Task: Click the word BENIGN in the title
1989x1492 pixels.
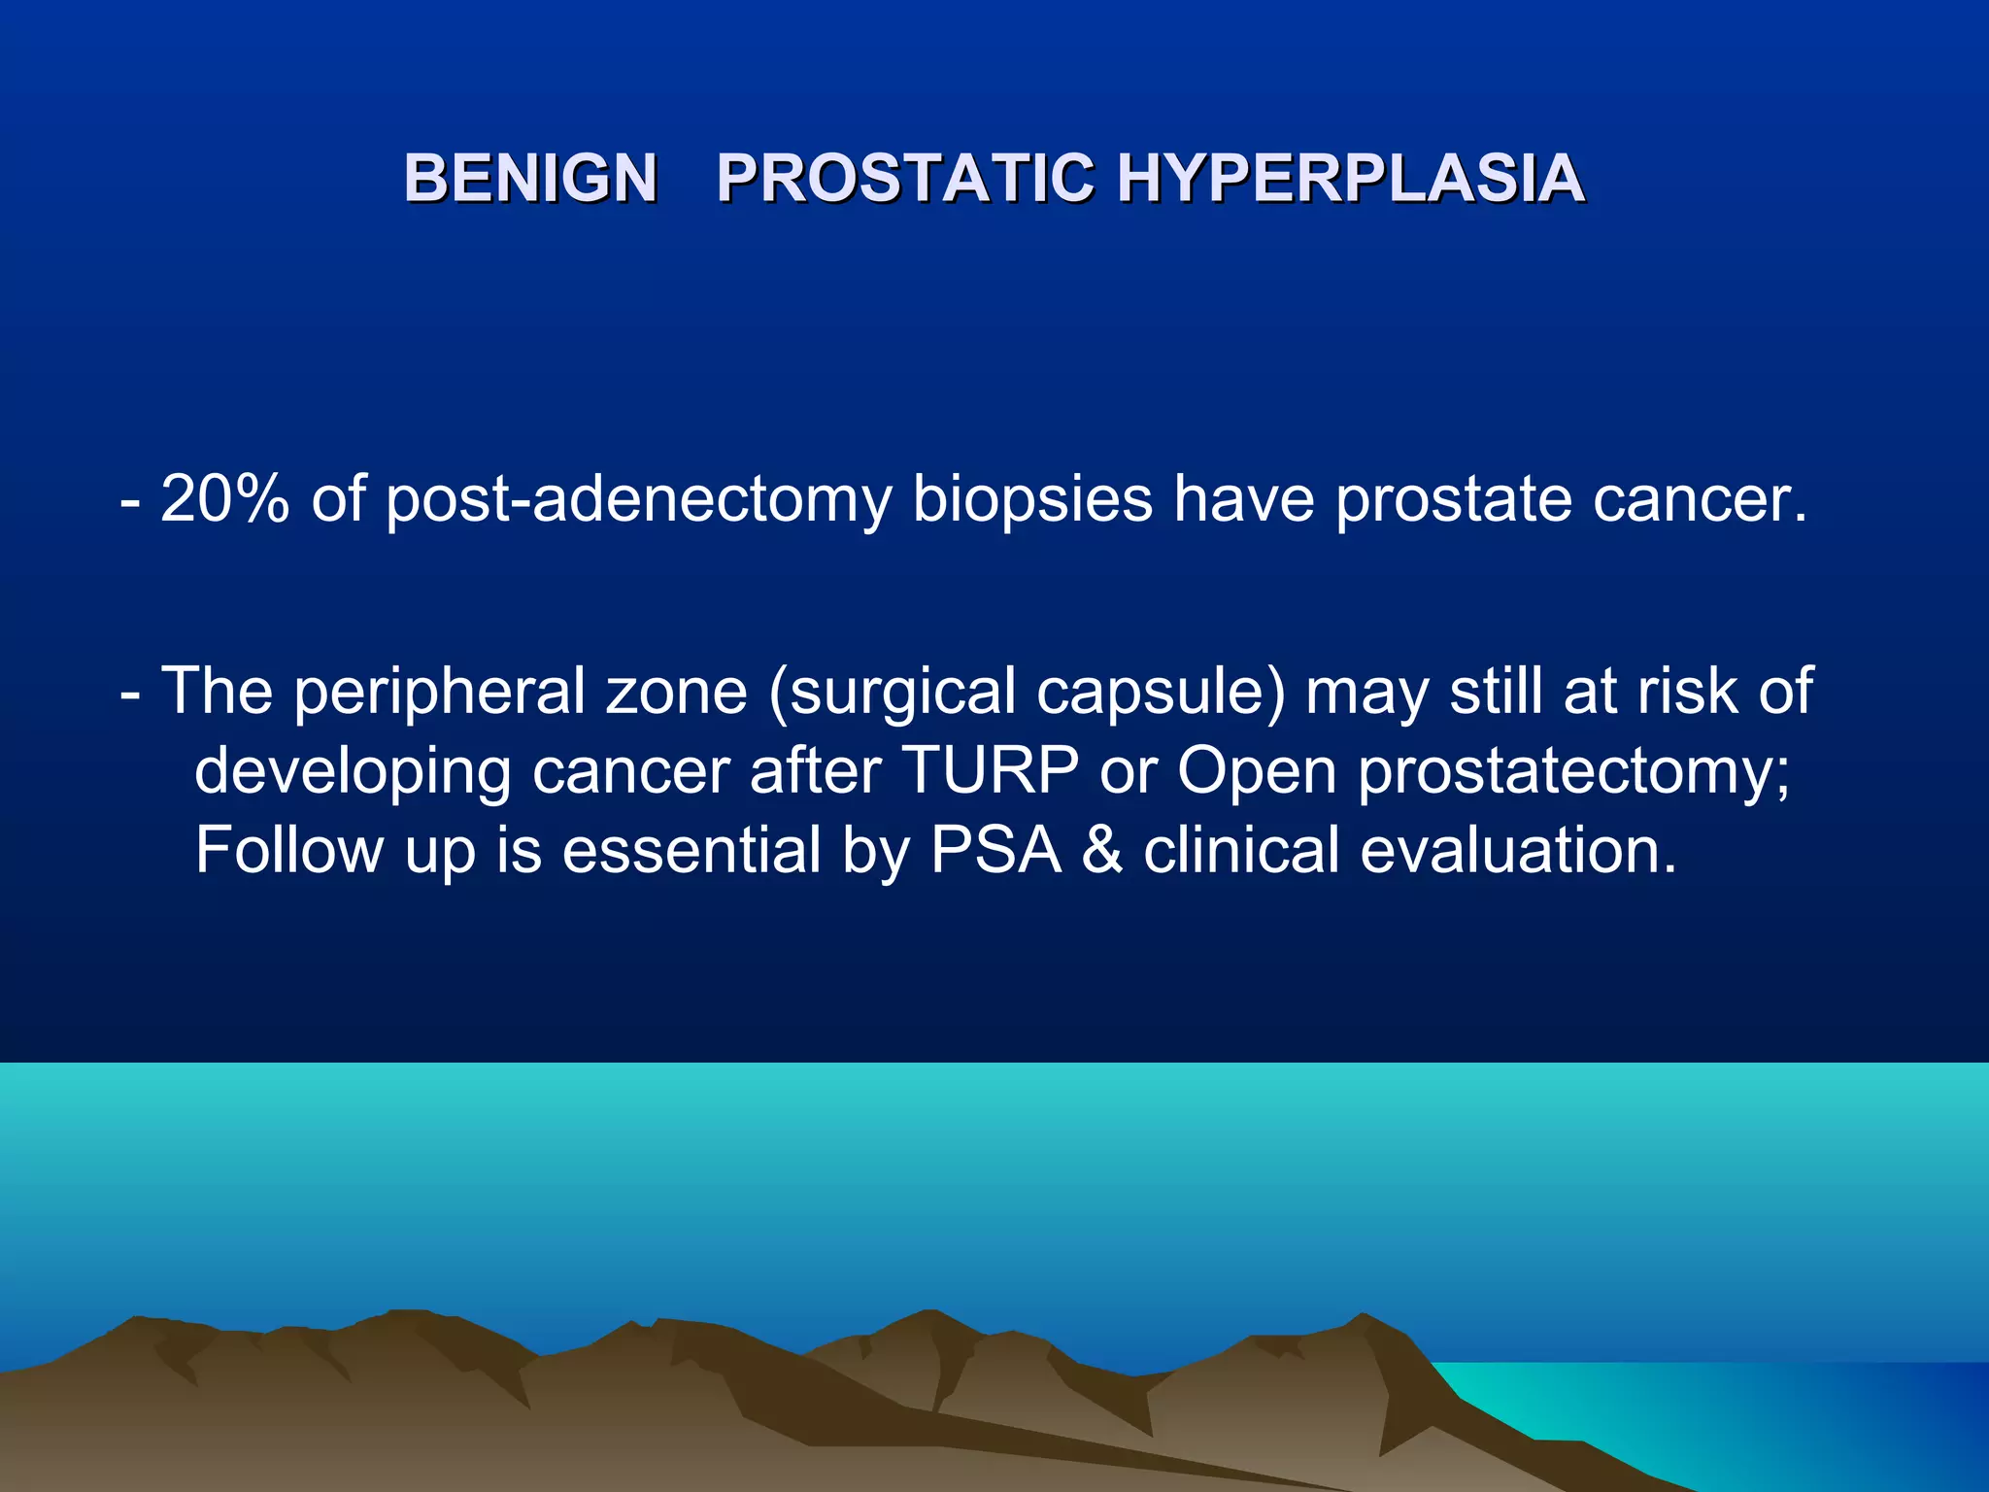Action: (x=531, y=179)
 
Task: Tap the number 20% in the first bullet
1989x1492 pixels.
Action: (x=224, y=499)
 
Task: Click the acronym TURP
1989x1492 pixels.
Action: (x=991, y=770)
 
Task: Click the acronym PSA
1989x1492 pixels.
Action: (x=995, y=850)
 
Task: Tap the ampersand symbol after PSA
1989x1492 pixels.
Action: (x=1102, y=850)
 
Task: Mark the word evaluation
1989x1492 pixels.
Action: (x=1518, y=850)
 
